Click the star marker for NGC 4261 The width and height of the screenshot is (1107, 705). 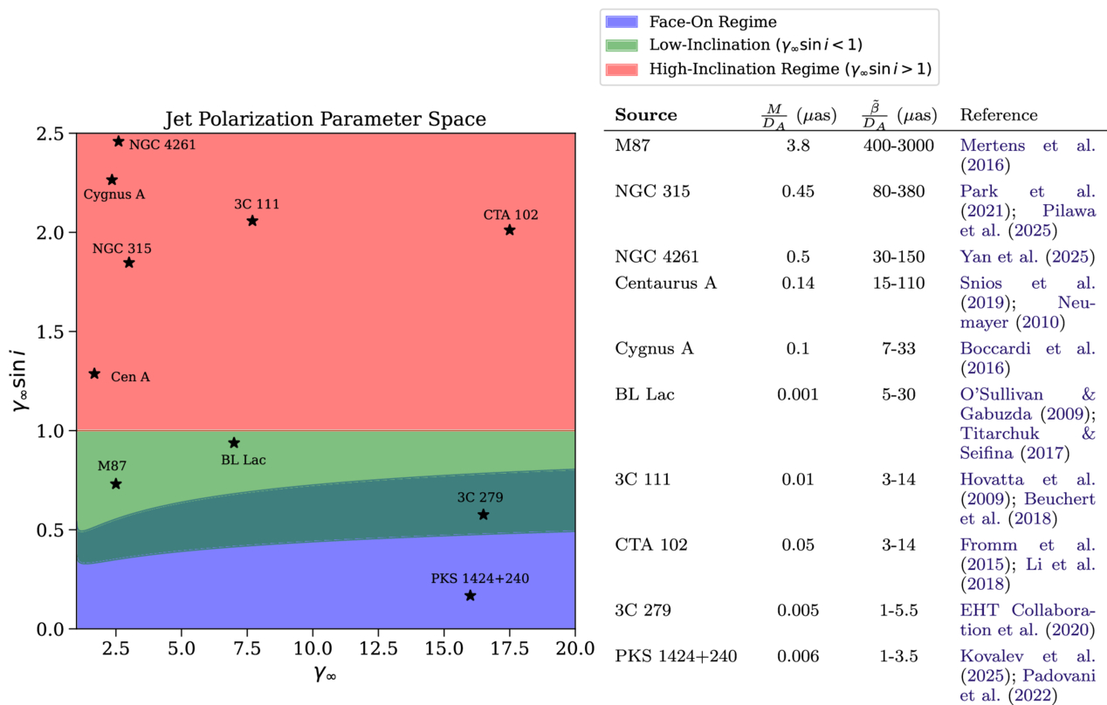coord(119,141)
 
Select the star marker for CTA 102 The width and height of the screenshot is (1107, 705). coord(510,230)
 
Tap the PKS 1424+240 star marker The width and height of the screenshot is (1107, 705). coord(471,596)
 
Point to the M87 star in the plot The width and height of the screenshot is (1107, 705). coord(116,484)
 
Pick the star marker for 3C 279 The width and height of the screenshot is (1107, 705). coord(484,515)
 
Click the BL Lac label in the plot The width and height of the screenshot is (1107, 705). coord(243,460)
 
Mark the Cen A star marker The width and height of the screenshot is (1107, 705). coord(95,374)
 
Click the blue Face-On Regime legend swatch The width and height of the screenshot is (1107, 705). coord(621,22)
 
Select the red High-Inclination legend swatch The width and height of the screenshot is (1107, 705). coord(621,68)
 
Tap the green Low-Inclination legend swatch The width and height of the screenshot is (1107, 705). coord(621,44)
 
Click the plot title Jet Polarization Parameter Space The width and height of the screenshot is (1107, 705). coord(325,119)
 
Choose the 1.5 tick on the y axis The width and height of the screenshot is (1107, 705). coord(50,332)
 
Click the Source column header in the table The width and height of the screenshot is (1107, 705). coord(645,115)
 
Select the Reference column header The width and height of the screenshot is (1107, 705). coord(999,115)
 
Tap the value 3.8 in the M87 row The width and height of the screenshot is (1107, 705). coord(798,146)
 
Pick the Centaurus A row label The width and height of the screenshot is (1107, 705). coord(665,283)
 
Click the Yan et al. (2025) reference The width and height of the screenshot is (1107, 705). coord(1027,257)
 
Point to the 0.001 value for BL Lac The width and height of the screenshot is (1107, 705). coord(798,394)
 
